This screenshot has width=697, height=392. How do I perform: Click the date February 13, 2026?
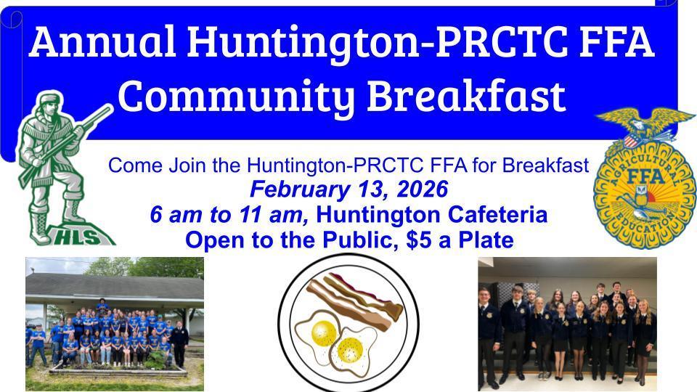pyautogui.click(x=348, y=190)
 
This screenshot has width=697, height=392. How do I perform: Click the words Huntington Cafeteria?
pyautogui.click(x=432, y=215)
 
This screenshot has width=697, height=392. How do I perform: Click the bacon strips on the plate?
pyautogui.click(x=356, y=298)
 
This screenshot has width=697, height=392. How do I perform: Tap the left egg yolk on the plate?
pyautogui.click(x=322, y=332)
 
